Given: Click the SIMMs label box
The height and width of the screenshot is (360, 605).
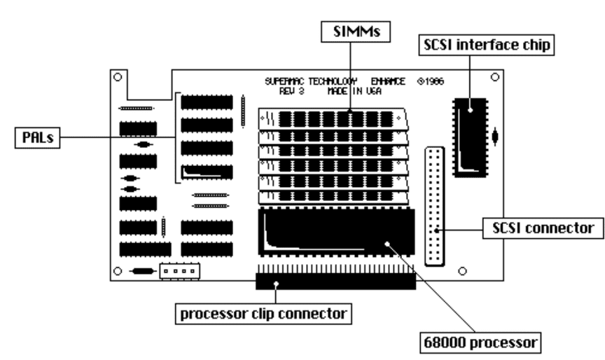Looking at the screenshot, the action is (x=355, y=32).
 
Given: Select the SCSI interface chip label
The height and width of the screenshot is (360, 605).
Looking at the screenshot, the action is (x=487, y=45).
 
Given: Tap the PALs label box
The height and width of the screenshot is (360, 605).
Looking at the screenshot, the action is (x=37, y=137).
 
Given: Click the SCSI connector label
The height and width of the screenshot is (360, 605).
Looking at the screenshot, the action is (x=543, y=228).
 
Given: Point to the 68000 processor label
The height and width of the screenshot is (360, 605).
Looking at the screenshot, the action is (x=480, y=342).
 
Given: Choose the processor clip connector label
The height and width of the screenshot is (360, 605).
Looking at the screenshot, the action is (x=263, y=314).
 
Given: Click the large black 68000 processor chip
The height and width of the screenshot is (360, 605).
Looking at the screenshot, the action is (x=336, y=232).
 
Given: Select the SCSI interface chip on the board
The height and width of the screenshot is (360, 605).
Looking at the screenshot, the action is (x=471, y=137).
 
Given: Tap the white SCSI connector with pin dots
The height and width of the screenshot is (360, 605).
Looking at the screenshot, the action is (x=435, y=207).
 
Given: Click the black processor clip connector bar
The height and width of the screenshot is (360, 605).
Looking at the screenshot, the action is (x=335, y=282).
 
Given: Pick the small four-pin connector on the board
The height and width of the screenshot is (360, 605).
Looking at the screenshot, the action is (x=180, y=271).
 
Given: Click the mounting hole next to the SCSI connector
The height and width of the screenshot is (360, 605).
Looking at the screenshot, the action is (x=462, y=271).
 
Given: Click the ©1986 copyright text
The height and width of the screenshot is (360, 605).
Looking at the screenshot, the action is (x=431, y=81).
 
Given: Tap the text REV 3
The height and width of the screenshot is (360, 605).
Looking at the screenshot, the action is (x=292, y=92).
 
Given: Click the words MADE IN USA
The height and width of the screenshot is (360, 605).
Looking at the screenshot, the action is (x=354, y=92).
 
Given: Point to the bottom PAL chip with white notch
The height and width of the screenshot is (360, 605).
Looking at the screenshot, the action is (x=207, y=172).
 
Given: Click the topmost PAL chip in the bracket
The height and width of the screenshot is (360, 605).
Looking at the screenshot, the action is (x=207, y=102).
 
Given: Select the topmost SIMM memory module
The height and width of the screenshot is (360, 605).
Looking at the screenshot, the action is (x=333, y=118).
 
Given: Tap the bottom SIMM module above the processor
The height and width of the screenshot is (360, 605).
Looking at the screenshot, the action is (x=333, y=198).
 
